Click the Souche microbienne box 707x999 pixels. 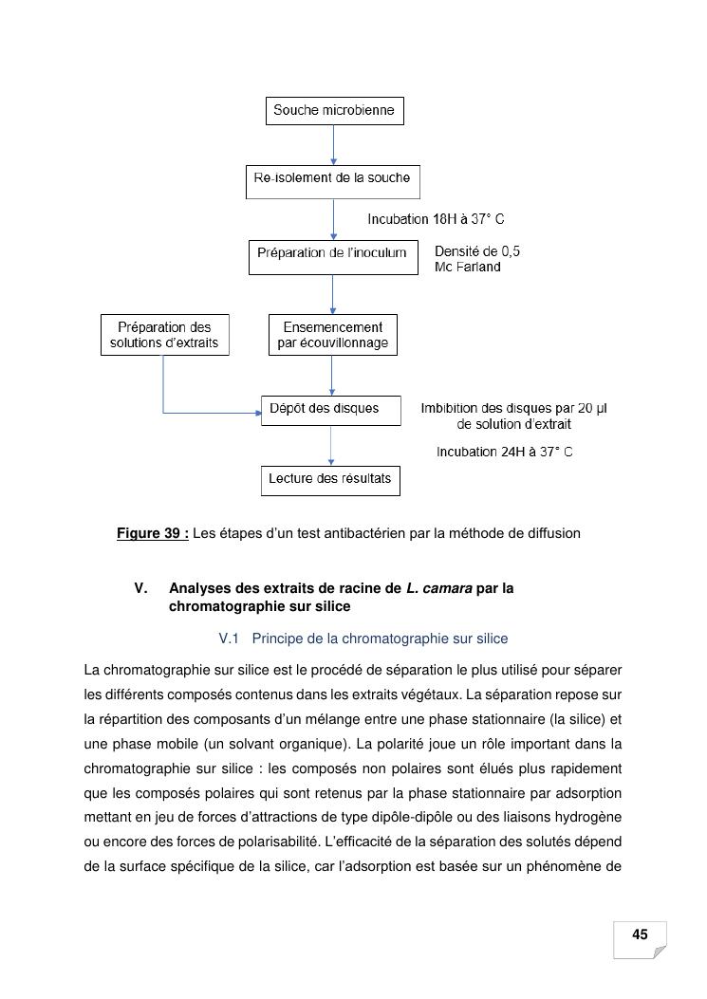point(334,111)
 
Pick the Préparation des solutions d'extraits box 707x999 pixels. point(164,335)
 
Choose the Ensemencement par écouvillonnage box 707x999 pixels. point(332,335)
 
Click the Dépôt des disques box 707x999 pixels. point(331,409)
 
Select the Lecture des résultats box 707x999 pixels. point(330,479)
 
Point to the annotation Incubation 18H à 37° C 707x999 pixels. point(436,219)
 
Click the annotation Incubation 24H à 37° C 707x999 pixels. point(504,453)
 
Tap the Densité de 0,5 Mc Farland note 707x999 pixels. point(476,259)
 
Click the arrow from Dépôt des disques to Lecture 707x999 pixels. point(331,445)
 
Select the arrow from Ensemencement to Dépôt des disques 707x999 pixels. point(331,375)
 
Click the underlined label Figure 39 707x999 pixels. point(153,533)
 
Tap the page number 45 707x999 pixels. point(640,935)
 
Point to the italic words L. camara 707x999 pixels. point(438,588)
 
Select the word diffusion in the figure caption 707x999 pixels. point(552,533)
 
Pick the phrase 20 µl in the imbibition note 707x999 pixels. point(591,409)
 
